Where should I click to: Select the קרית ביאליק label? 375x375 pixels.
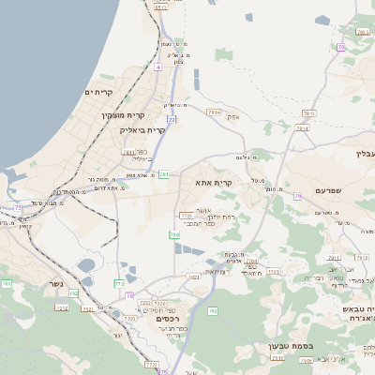[144, 130]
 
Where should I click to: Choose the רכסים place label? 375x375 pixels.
[169, 319]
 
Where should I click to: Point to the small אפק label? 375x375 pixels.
[233, 117]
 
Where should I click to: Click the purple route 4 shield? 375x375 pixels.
[158, 67]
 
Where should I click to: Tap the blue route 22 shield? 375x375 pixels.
[172, 120]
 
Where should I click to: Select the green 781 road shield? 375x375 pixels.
[164, 173]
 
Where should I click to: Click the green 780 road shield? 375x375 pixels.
[173, 234]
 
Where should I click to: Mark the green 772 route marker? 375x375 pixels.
[119, 282]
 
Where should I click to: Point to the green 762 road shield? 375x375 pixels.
[213, 310]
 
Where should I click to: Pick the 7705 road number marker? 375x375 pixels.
[274, 271]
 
